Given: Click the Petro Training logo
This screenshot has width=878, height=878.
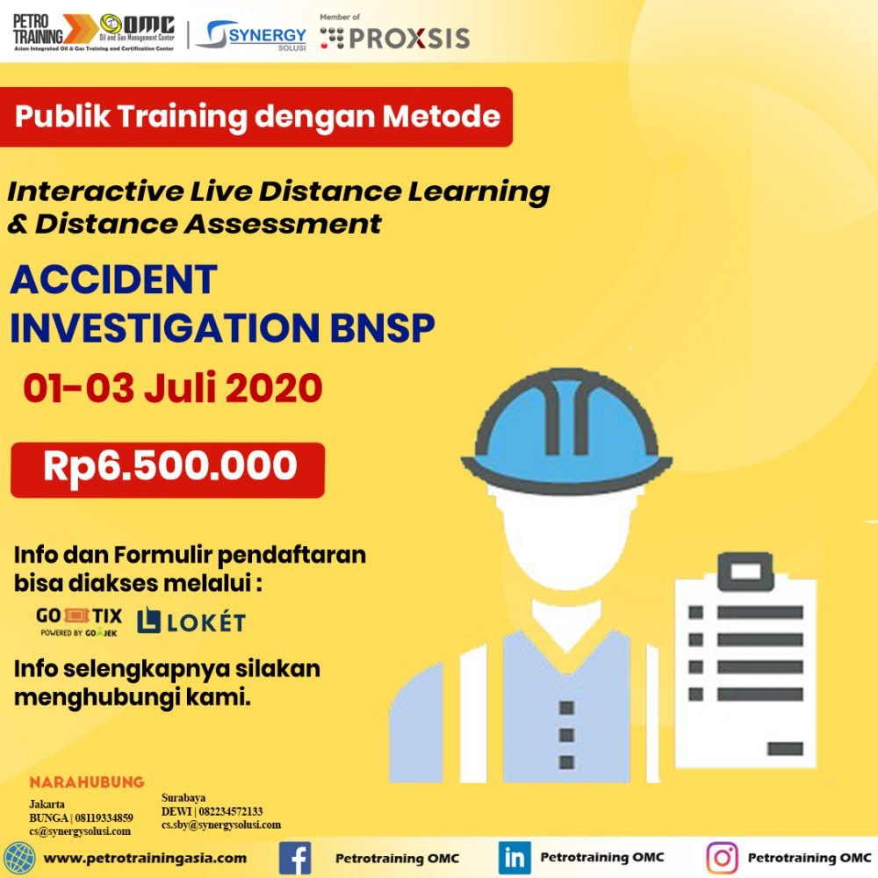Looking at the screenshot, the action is pos(94,32).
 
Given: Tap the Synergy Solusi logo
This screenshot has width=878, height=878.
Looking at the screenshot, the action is pos(251,35).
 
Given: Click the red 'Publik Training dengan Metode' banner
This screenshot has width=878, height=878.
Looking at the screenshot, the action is pos(255,117).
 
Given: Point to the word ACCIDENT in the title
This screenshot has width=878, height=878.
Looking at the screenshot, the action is pos(113,279).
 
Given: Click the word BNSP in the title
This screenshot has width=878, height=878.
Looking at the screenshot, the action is pos(383,327).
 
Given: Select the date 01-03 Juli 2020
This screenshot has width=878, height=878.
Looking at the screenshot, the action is pos(172,387).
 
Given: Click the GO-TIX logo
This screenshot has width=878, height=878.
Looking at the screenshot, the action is pos(79,622).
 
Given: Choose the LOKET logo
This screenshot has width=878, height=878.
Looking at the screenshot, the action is pos(191,621).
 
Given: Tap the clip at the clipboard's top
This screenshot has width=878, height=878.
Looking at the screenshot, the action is pos(745,572).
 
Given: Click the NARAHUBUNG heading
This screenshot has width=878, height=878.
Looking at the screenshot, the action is pos(87,781).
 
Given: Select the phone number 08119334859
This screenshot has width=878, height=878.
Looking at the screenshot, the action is pos(104,818).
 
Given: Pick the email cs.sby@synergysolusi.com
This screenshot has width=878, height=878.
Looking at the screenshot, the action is pos(221,824).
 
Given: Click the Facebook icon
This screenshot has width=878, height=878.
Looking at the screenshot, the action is pos(295,858).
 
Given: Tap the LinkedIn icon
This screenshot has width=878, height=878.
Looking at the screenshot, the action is pos(515,857).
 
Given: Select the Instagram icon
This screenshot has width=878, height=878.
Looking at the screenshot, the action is pos(723,857).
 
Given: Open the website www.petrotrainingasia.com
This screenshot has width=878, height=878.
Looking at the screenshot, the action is pos(145,859).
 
